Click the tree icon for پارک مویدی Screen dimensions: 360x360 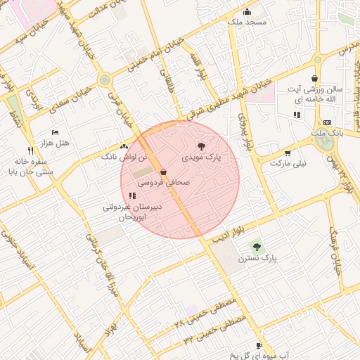coord(202,146)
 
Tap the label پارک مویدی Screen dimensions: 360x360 coord(202,157)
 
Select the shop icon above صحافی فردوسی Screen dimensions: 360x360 coord(164,172)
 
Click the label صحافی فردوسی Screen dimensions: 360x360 coord(163,181)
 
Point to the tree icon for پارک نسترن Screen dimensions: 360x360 coord(257,246)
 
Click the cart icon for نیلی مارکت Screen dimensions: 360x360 coord(288,153)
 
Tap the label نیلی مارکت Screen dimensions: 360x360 coord(290,163)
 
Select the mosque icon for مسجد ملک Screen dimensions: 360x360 coord(247,11)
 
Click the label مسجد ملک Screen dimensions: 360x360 coord(246,22)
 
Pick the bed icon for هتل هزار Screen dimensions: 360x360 coord(56,132)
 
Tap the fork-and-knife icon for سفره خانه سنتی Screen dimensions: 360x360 coord(30,150)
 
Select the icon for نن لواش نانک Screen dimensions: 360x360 coord(124,146)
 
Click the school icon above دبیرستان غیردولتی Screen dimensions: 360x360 coord(133,195)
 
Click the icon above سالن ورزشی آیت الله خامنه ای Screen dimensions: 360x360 coord(314,79)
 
